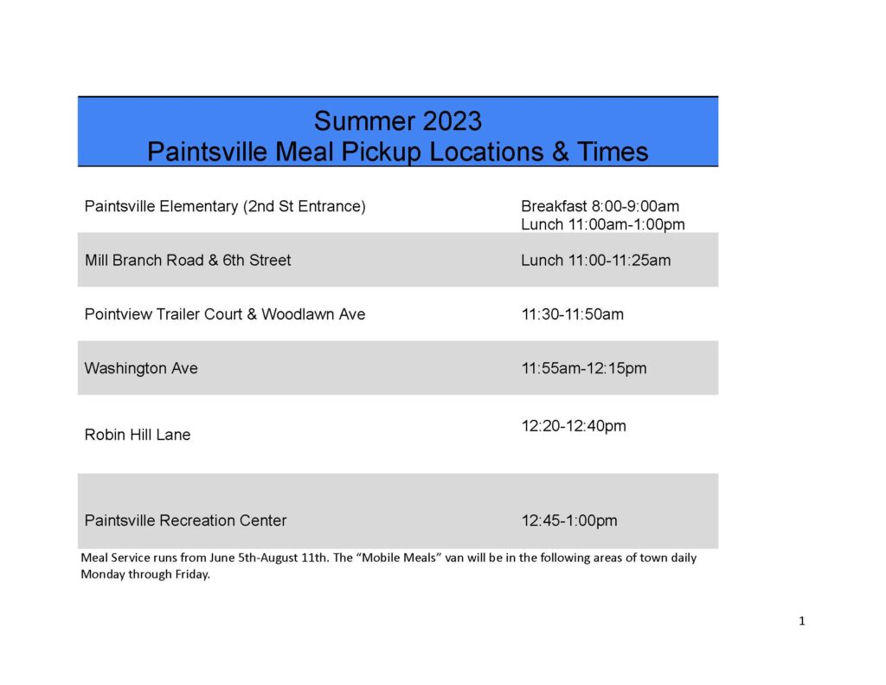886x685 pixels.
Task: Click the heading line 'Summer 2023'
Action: click(x=398, y=121)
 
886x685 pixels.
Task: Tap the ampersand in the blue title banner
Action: click(x=560, y=152)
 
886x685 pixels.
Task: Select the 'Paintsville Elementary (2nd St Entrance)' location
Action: click(x=225, y=206)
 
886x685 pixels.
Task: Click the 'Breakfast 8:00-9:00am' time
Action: click(x=600, y=206)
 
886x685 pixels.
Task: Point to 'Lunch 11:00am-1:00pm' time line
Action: click(x=603, y=224)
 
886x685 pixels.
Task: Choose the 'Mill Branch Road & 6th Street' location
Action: click(x=188, y=260)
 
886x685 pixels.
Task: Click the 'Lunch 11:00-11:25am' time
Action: click(x=596, y=260)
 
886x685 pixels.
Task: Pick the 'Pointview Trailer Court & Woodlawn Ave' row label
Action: click(x=225, y=314)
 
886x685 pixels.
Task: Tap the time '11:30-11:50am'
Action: click(x=573, y=314)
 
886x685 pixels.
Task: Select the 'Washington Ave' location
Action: click(x=141, y=368)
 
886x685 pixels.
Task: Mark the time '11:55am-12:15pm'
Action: click(x=584, y=369)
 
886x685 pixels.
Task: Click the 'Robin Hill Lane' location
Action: click(x=138, y=435)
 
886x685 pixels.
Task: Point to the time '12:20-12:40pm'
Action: click(x=574, y=426)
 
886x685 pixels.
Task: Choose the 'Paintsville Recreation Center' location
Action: click(x=185, y=520)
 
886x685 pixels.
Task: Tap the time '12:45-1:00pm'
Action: click(x=569, y=520)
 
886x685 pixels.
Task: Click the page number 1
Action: click(x=802, y=621)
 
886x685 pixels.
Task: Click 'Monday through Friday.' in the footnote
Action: click(x=145, y=574)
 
